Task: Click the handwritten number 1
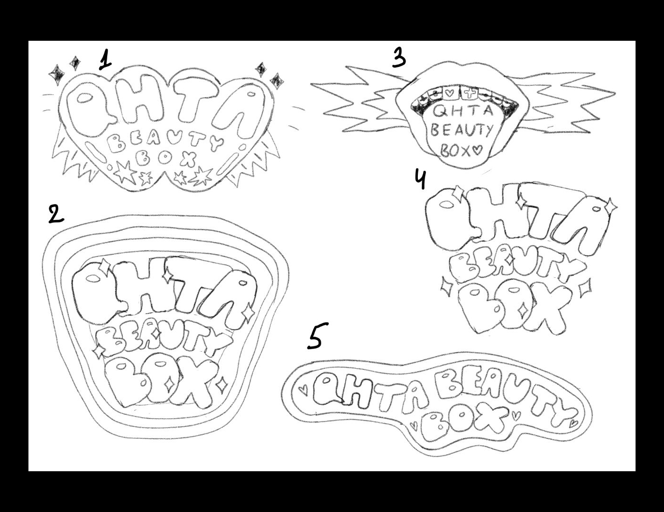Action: pyautogui.click(x=105, y=60)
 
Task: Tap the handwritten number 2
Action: pyautogui.click(x=56, y=213)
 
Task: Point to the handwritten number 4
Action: pyautogui.click(x=420, y=180)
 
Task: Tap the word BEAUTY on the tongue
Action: pyautogui.click(x=461, y=131)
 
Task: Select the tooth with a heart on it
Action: pyautogui.click(x=449, y=94)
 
